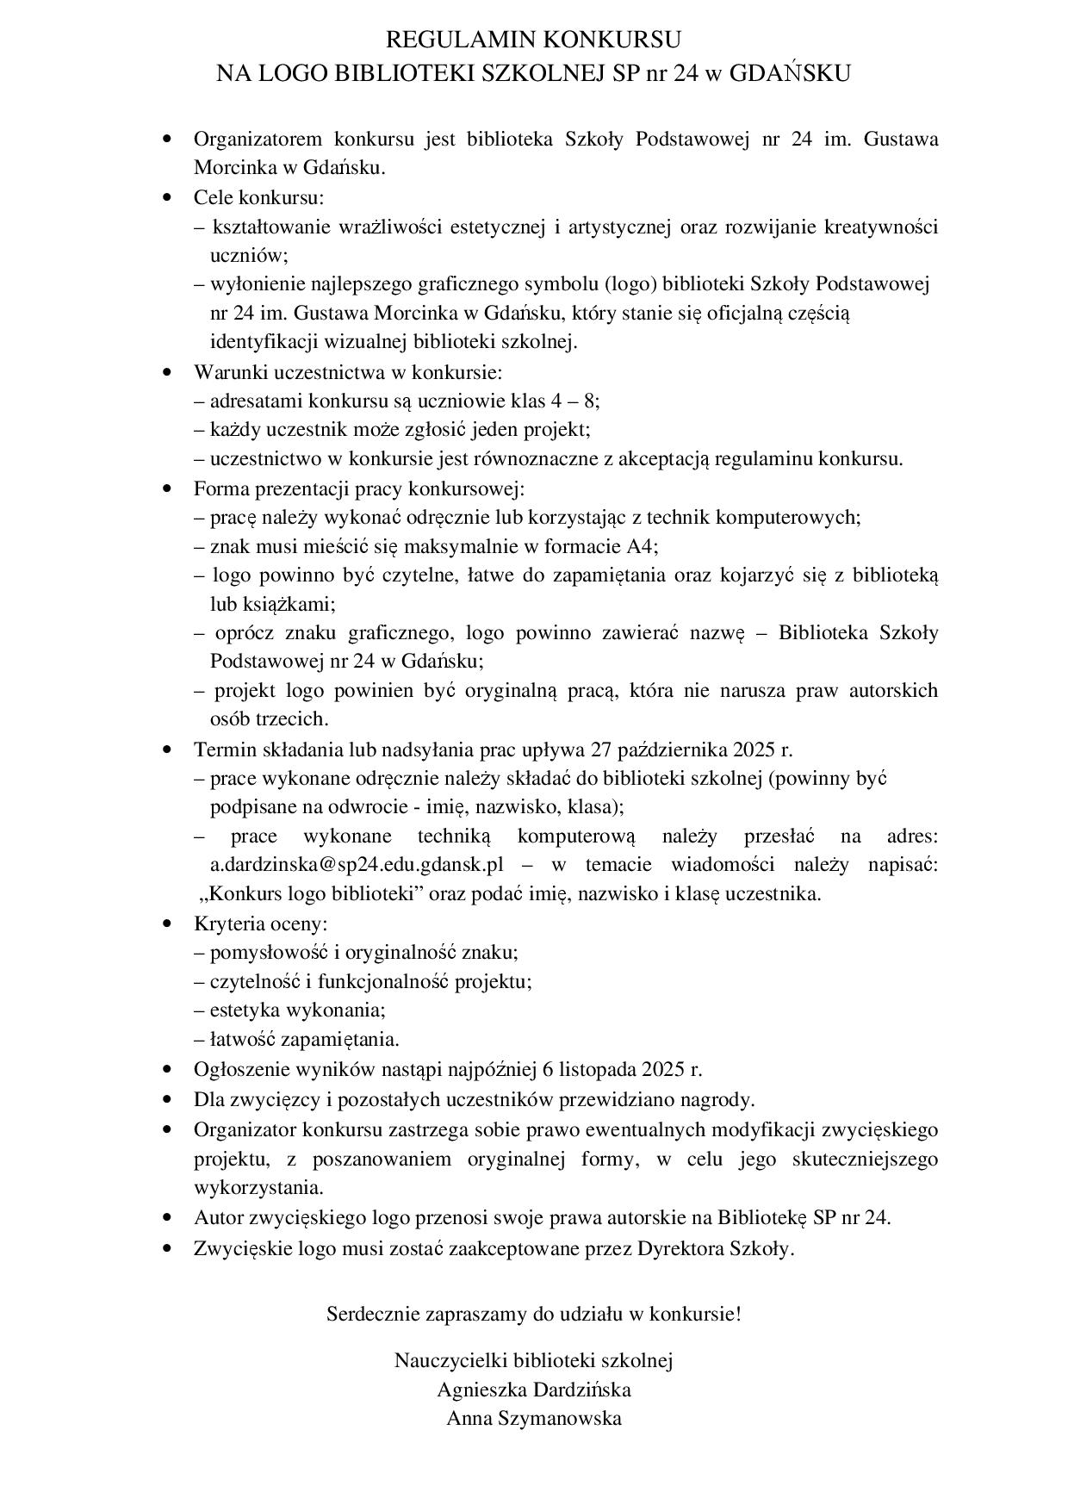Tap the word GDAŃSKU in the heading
(x=790, y=74)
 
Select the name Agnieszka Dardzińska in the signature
(x=533, y=1390)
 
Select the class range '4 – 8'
(x=574, y=401)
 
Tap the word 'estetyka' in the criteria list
(x=241, y=1010)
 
